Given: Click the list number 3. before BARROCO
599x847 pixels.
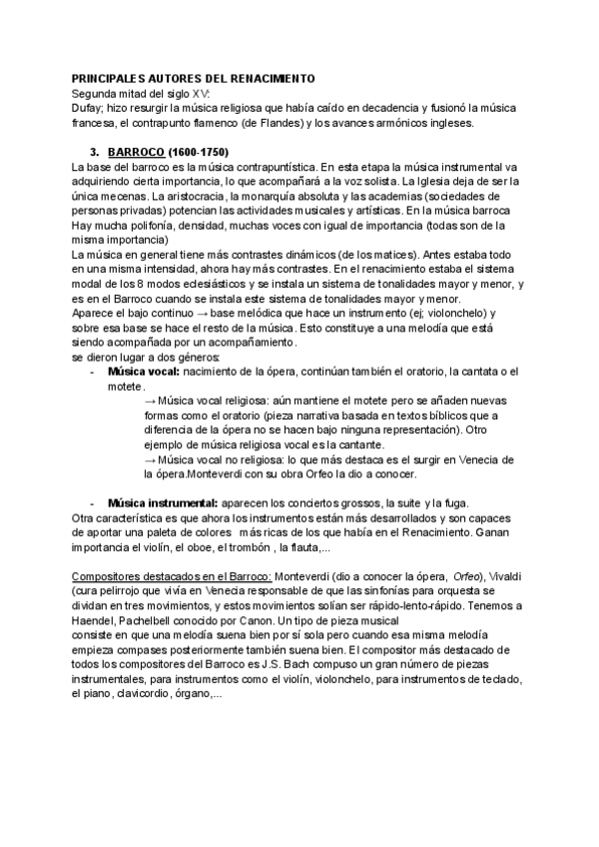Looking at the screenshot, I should pos(96,151).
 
